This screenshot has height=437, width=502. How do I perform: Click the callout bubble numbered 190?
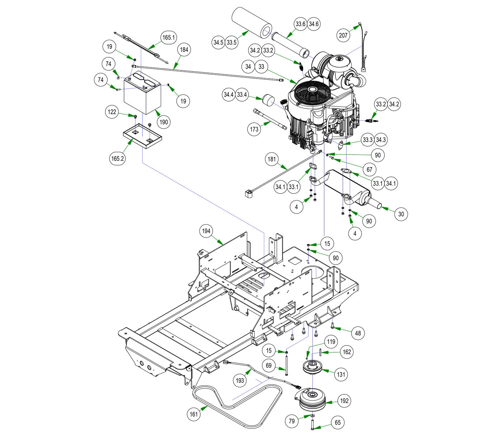164,122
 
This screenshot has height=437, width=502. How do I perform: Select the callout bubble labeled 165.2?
118,158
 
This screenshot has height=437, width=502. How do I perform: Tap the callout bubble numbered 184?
184,50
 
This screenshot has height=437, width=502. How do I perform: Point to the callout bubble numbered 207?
343,35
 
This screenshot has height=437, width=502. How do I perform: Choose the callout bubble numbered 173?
254,129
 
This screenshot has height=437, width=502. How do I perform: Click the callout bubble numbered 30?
401,214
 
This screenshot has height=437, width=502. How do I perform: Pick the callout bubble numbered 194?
206,231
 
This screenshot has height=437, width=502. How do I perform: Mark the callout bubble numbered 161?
194,414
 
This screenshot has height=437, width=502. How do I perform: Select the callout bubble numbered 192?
344,401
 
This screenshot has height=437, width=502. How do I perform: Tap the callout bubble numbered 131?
341,374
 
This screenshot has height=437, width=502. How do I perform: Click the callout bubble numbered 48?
358,333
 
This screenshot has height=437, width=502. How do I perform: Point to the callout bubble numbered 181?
272,159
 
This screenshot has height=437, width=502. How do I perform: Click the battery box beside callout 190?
142,95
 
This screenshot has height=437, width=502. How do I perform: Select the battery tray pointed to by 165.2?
142,136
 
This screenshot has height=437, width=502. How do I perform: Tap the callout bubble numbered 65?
338,423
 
